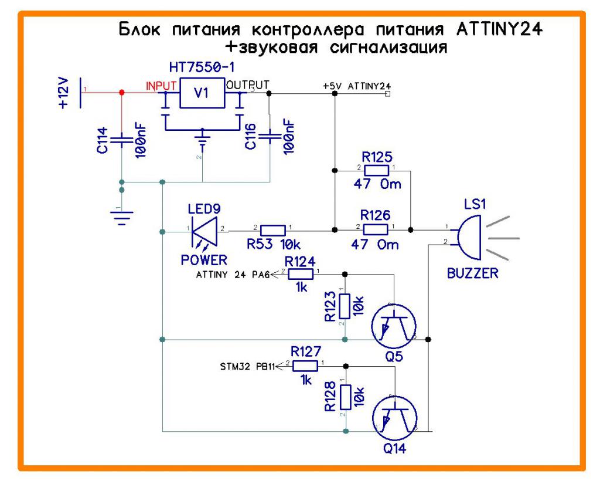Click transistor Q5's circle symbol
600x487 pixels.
394,326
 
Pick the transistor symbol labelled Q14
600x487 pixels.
394,419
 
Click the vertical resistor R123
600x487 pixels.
346,306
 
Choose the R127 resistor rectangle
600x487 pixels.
305,366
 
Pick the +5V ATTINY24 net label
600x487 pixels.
356,86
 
